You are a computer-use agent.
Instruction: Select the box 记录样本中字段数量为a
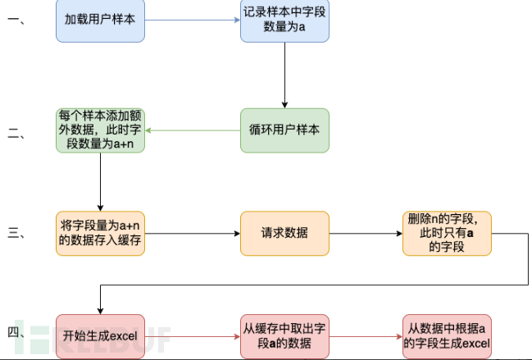click(x=284, y=21)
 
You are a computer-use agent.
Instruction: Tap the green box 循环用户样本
click(x=284, y=130)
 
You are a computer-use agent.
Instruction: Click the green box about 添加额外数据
click(x=100, y=130)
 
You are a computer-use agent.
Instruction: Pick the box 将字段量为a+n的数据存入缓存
click(x=100, y=233)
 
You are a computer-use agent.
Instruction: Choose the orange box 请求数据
click(x=284, y=233)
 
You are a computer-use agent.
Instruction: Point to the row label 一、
click(x=18, y=21)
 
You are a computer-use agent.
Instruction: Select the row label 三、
click(x=18, y=234)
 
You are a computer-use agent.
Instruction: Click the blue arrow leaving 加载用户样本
click(x=193, y=21)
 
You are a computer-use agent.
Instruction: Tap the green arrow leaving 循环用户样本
click(x=193, y=130)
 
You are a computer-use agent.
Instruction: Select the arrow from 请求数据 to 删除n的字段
click(x=366, y=233)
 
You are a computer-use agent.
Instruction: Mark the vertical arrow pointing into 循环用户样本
click(x=284, y=75)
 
